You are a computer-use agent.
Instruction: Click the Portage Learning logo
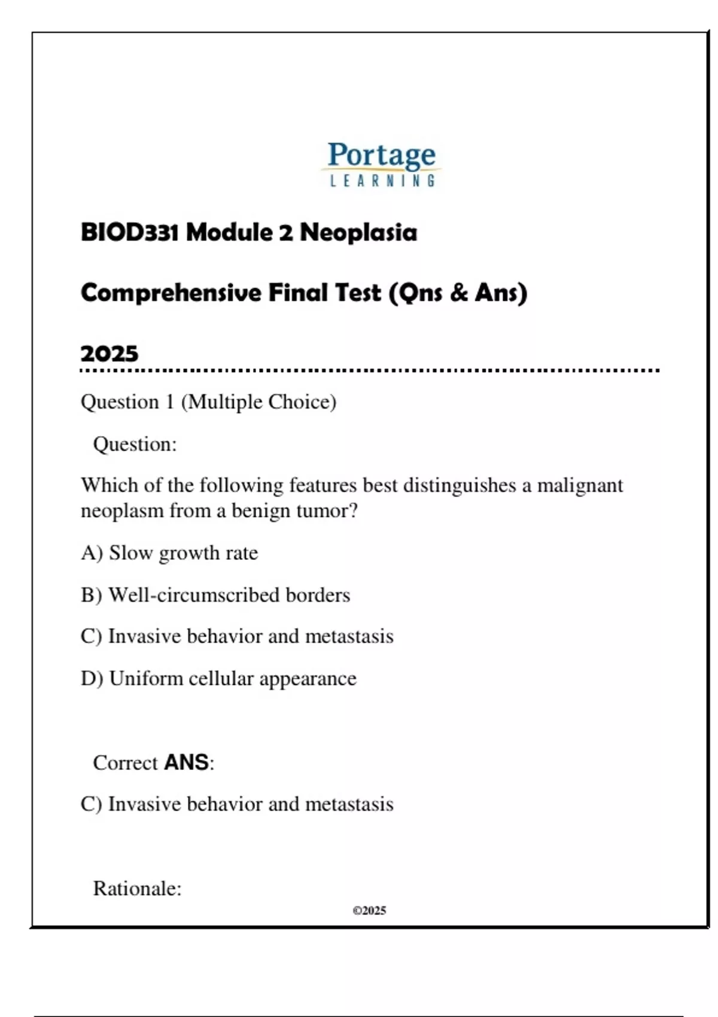pos(382,163)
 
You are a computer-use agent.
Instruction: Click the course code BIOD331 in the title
pos(129,232)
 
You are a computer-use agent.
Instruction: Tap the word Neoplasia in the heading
pos(358,232)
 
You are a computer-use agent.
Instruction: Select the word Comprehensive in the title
pos(171,293)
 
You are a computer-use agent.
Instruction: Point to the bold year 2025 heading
pos(109,354)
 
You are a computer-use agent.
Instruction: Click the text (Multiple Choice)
pos(258,401)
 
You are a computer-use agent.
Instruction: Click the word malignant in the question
pos(580,485)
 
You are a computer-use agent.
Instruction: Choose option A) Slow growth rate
pos(169,553)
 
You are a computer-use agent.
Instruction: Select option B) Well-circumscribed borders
pos(215,595)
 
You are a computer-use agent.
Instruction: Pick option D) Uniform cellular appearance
pos(218,678)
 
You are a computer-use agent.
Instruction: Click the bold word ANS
pos(186,762)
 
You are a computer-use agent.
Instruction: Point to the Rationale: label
pos(137,888)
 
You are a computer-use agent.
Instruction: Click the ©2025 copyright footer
pos(369,911)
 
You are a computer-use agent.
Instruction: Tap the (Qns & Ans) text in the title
pos(458,293)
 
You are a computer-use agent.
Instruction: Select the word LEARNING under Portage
pos(382,181)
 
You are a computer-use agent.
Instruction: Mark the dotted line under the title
pos(370,371)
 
